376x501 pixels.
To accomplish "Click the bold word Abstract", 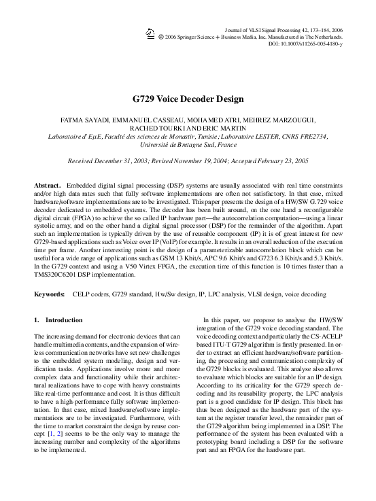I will (48, 186).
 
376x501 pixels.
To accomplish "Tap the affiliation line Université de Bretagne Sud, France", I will (188, 145).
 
